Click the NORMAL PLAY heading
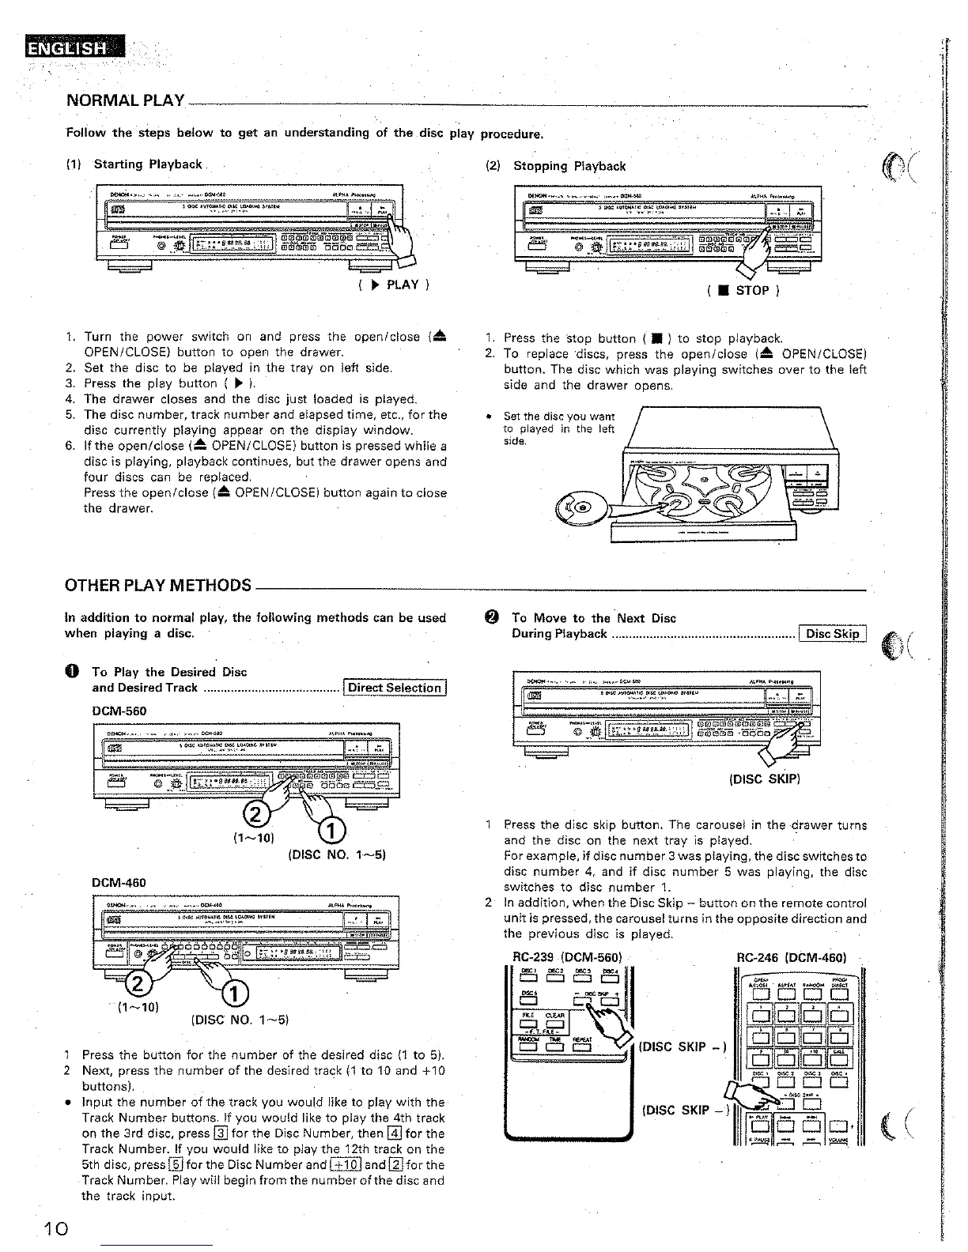pos(125,101)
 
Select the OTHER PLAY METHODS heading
pos(158,586)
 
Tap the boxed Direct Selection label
pos(395,688)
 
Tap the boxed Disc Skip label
pos(834,634)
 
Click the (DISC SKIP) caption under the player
pos(765,779)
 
